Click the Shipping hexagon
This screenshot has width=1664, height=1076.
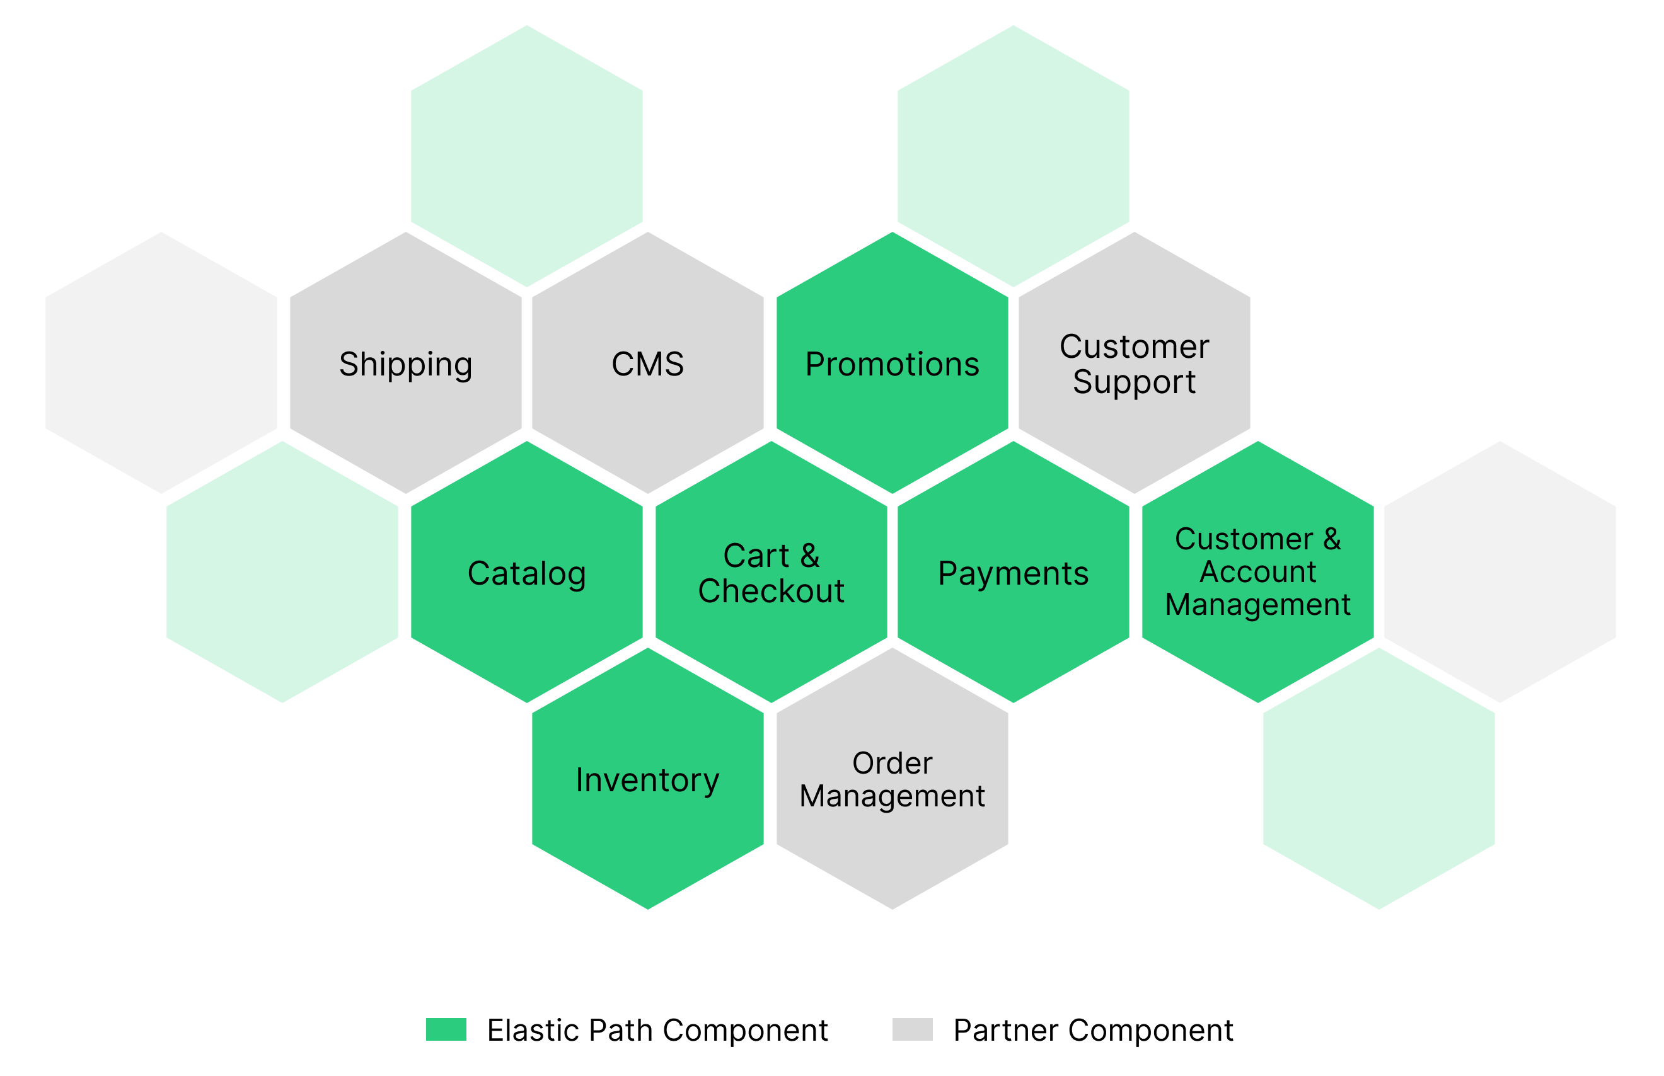tap(405, 363)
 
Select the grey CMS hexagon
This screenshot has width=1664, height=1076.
tap(647, 363)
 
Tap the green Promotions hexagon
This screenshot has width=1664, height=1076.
tap(892, 363)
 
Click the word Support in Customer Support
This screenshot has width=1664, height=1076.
tap(1135, 382)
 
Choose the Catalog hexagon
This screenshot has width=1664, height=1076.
tap(526, 573)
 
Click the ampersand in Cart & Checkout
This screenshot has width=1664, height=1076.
tap(810, 556)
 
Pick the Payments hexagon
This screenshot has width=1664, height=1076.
tap(1013, 573)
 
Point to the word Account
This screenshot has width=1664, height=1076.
tap(1258, 572)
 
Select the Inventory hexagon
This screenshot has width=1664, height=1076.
tap(647, 780)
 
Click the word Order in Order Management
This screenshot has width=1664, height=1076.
tap(892, 763)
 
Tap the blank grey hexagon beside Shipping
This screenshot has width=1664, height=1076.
tap(161, 363)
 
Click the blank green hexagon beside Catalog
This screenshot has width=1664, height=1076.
tap(282, 573)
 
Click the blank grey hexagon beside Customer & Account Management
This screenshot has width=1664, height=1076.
tap(1499, 573)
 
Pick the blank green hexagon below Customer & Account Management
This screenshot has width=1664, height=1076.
tap(1379, 780)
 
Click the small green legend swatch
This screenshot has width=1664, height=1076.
tap(446, 1029)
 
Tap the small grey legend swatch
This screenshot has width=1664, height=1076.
tap(912, 1029)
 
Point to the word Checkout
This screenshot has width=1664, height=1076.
tap(771, 591)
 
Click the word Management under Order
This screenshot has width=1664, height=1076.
tap(892, 796)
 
